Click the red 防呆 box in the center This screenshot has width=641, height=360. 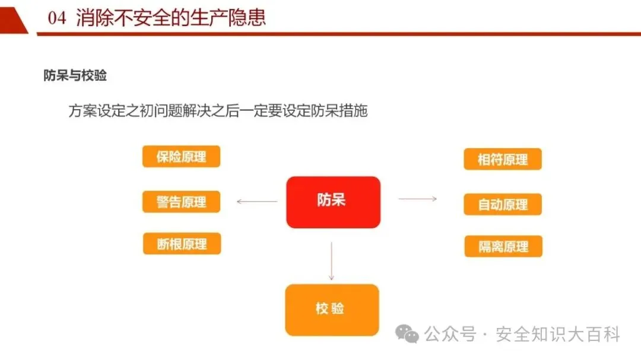[x=333, y=202]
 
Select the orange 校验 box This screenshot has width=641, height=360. [x=332, y=310]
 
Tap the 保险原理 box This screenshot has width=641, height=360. [x=181, y=157]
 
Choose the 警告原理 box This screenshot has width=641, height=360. [x=181, y=202]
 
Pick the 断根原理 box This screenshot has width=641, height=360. [x=182, y=244]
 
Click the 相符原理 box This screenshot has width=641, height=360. [x=503, y=160]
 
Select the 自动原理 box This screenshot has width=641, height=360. [x=503, y=205]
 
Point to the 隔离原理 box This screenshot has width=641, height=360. [x=503, y=246]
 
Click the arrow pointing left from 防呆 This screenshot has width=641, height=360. [x=257, y=202]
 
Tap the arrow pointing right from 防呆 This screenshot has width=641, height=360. [x=417, y=199]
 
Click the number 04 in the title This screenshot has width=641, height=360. [x=57, y=18]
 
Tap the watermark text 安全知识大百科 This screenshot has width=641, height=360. [x=558, y=334]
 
